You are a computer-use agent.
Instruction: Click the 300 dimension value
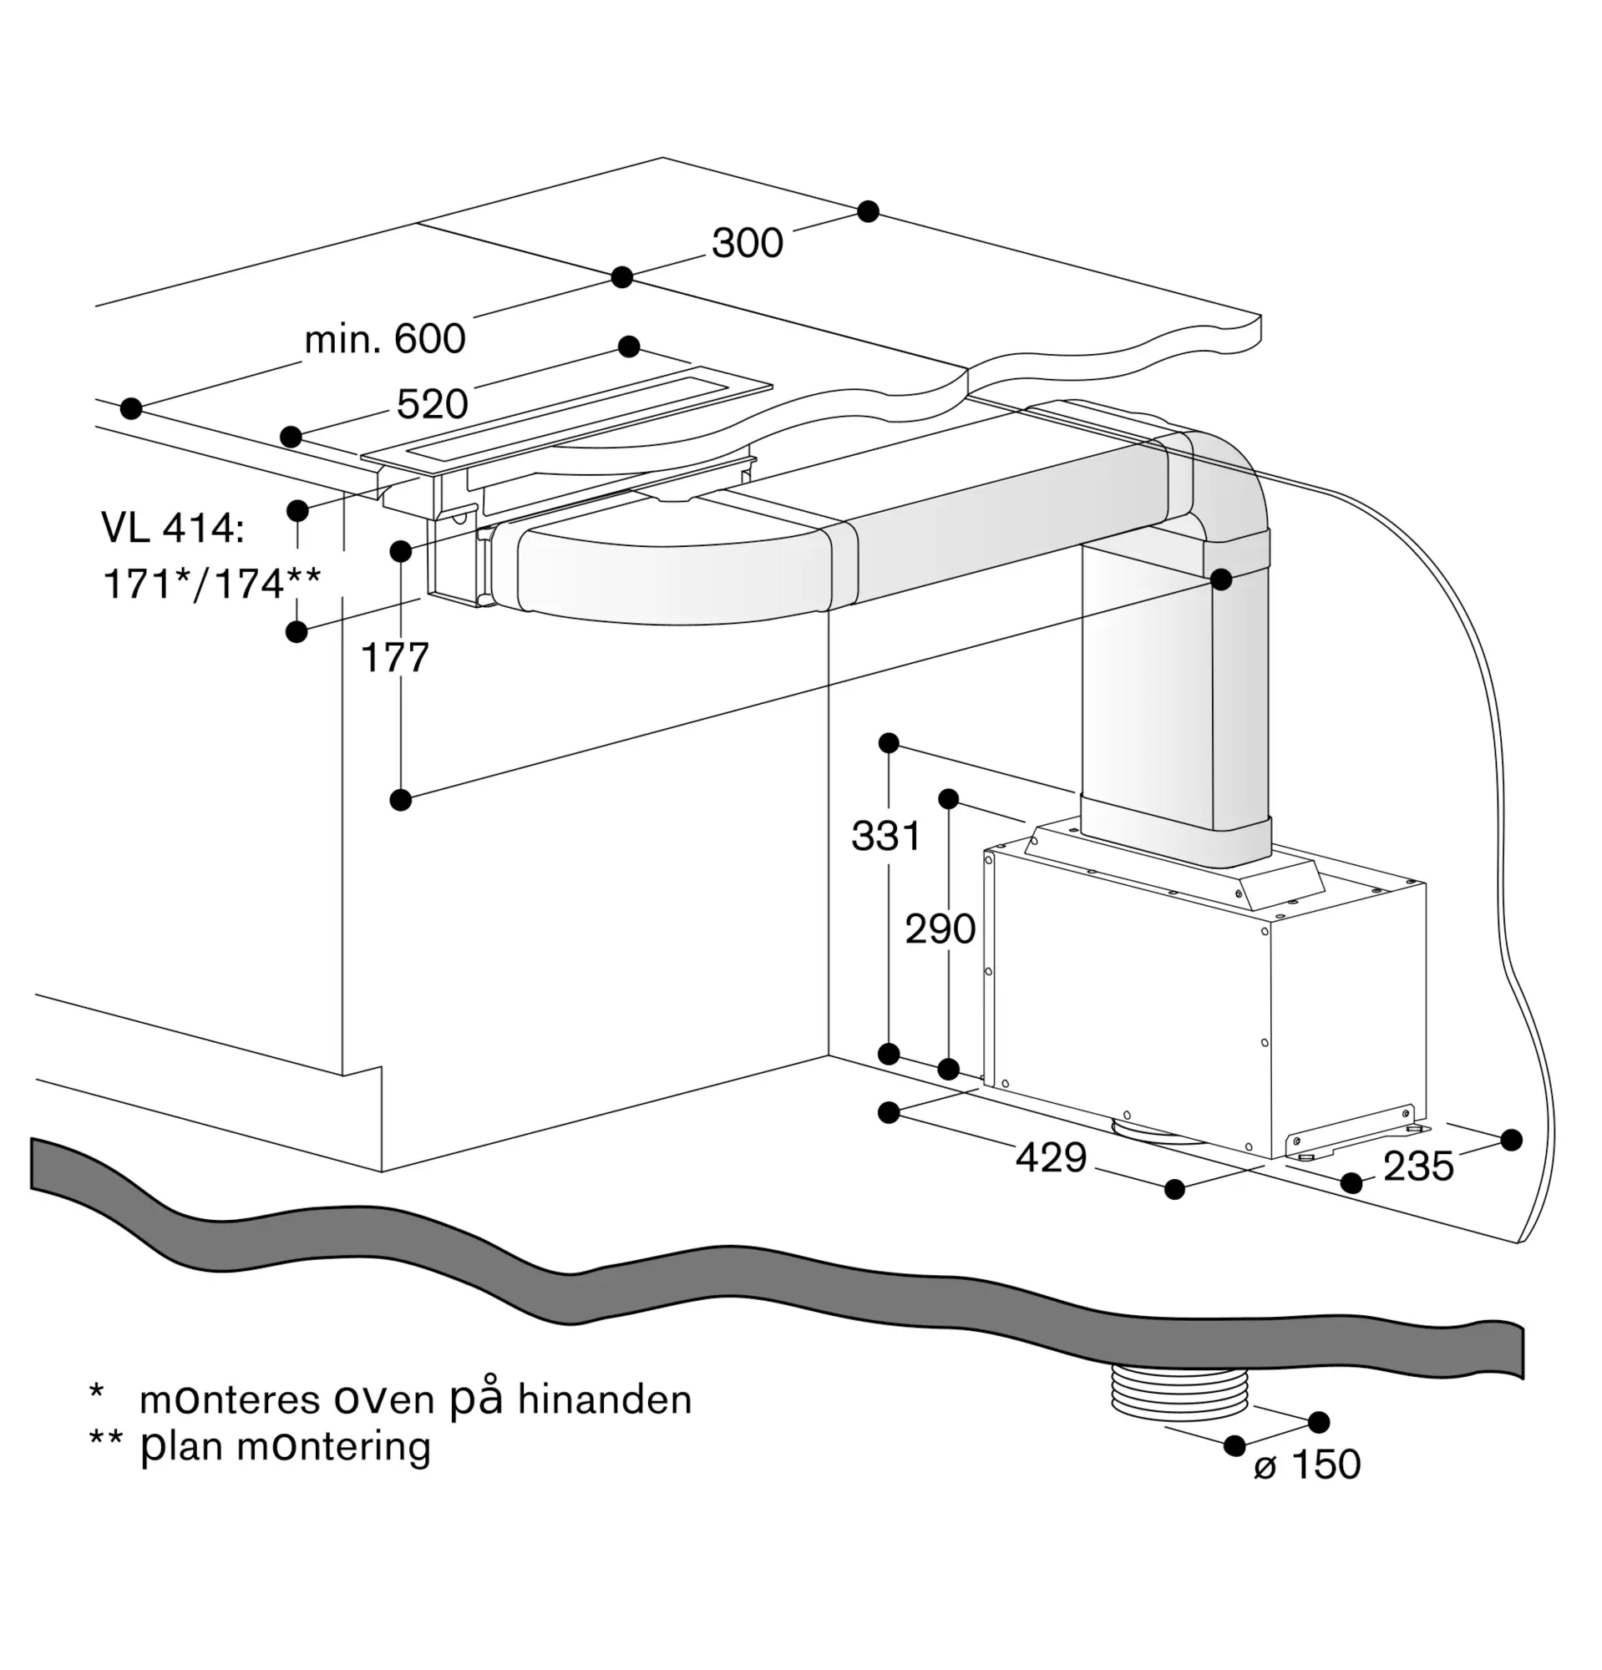(x=748, y=243)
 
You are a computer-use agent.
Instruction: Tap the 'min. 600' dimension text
(x=385, y=339)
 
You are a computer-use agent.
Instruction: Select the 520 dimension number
(x=432, y=404)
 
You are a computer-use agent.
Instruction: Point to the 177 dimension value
(x=394, y=658)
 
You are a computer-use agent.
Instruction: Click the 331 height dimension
(x=886, y=836)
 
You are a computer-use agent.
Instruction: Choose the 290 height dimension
(x=940, y=929)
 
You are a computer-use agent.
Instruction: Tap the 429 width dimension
(x=1051, y=1158)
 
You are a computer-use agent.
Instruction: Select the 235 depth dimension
(x=1418, y=1166)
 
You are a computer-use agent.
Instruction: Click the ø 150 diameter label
(x=1307, y=1465)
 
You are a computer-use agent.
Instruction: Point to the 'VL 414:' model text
(x=173, y=529)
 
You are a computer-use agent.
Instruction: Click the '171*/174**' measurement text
(x=212, y=584)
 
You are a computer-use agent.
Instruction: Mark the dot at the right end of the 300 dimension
(x=868, y=211)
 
